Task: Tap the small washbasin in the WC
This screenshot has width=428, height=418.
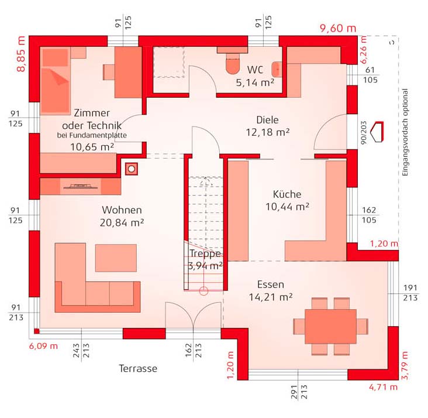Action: tap(277, 69)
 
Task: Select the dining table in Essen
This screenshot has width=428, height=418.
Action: tap(330, 326)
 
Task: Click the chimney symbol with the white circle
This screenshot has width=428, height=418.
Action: tap(132, 169)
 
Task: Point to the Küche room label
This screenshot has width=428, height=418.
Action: tap(287, 194)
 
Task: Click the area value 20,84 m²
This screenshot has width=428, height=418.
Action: tap(122, 223)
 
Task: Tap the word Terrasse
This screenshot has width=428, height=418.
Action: tap(138, 368)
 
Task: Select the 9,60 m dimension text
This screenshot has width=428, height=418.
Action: tap(338, 28)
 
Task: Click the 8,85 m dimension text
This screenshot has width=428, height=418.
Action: tap(21, 54)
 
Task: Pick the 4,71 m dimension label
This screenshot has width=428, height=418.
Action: tap(383, 387)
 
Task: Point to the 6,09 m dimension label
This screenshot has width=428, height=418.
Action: tap(43, 346)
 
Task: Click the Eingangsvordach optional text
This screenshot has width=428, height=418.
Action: tap(405, 132)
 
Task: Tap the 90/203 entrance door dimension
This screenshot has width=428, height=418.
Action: tap(363, 132)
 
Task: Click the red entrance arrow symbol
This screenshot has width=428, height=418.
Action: tap(378, 132)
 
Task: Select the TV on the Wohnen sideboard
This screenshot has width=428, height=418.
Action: tap(81, 187)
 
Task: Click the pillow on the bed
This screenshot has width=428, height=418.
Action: tap(55, 58)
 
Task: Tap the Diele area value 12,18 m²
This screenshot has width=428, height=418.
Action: tap(268, 132)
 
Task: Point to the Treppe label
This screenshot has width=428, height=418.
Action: tap(205, 253)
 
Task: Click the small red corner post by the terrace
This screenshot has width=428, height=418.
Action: tap(37, 331)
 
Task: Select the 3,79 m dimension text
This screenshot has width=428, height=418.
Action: tap(405, 365)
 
